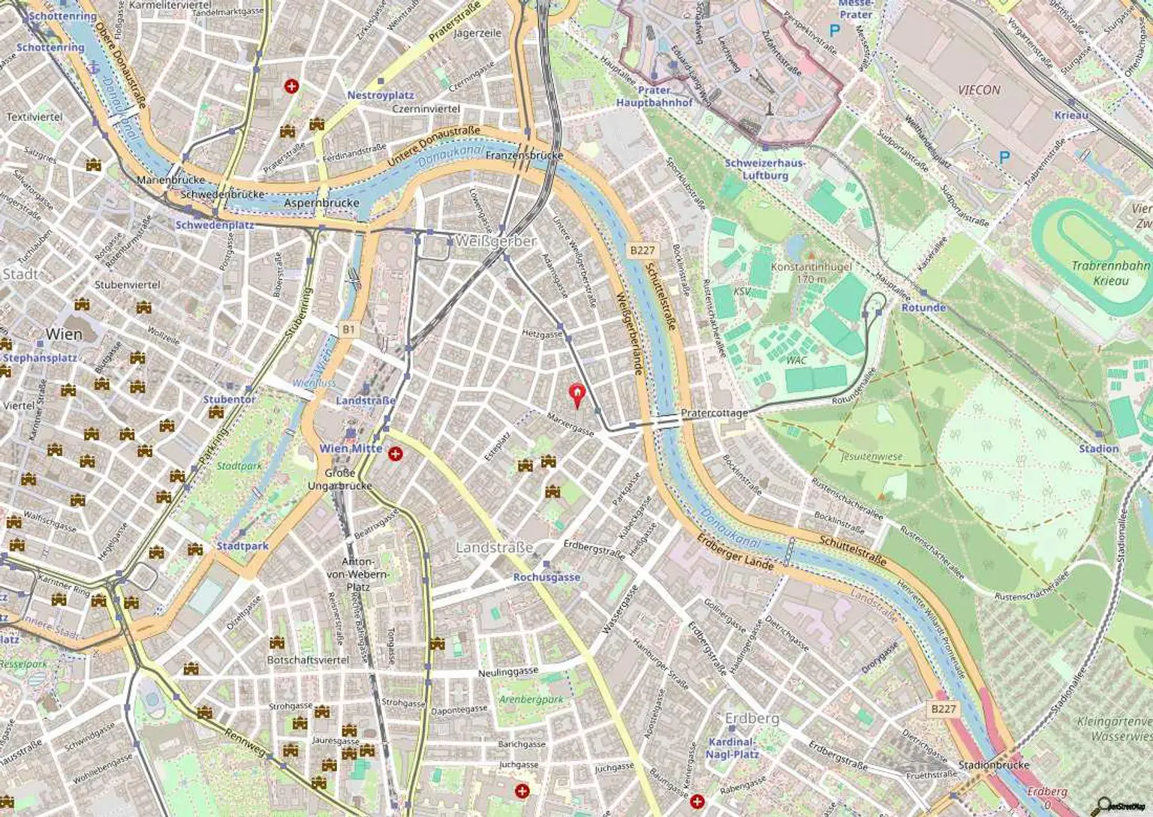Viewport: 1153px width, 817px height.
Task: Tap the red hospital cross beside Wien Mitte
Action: (x=396, y=453)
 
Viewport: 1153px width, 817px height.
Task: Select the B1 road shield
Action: (x=348, y=329)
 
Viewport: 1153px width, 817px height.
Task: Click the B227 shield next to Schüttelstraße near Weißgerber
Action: (x=642, y=251)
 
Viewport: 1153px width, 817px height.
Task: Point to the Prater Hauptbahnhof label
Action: (x=654, y=96)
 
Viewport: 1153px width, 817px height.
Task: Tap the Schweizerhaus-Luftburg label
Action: (x=765, y=169)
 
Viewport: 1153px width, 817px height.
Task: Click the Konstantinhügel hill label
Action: (x=811, y=272)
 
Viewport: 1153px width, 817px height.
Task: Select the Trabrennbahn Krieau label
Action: (x=1110, y=273)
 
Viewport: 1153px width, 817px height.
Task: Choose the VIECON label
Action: (x=979, y=90)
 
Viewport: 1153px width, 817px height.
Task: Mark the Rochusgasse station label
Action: (x=546, y=577)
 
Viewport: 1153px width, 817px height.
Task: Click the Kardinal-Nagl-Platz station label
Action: (x=732, y=748)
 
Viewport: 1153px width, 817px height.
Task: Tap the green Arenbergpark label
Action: (x=531, y=699)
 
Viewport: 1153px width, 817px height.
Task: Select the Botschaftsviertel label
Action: (x=308, y=659)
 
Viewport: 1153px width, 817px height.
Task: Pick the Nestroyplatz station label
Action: (x=381, y=95)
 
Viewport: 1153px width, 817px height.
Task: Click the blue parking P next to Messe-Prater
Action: (x=834, y=31)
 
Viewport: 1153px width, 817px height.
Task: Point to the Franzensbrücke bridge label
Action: (x=524, y=155)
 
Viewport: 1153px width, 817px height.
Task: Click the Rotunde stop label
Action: (x=923, y=308)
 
